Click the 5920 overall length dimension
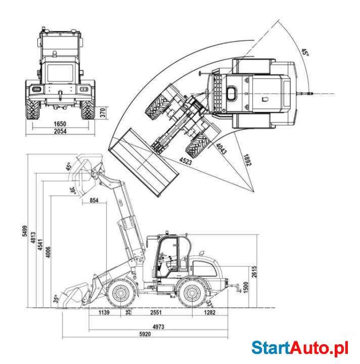point(145,334)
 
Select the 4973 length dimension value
point(158,327)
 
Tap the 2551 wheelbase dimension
point(156,312)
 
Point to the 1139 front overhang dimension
point(104,312)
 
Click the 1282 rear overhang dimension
point(210,312)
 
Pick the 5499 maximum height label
point(25,231)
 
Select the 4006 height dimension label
point(48,252)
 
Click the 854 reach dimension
point(94,200)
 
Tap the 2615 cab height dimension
point(254,271)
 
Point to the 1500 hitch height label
point(246,287)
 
